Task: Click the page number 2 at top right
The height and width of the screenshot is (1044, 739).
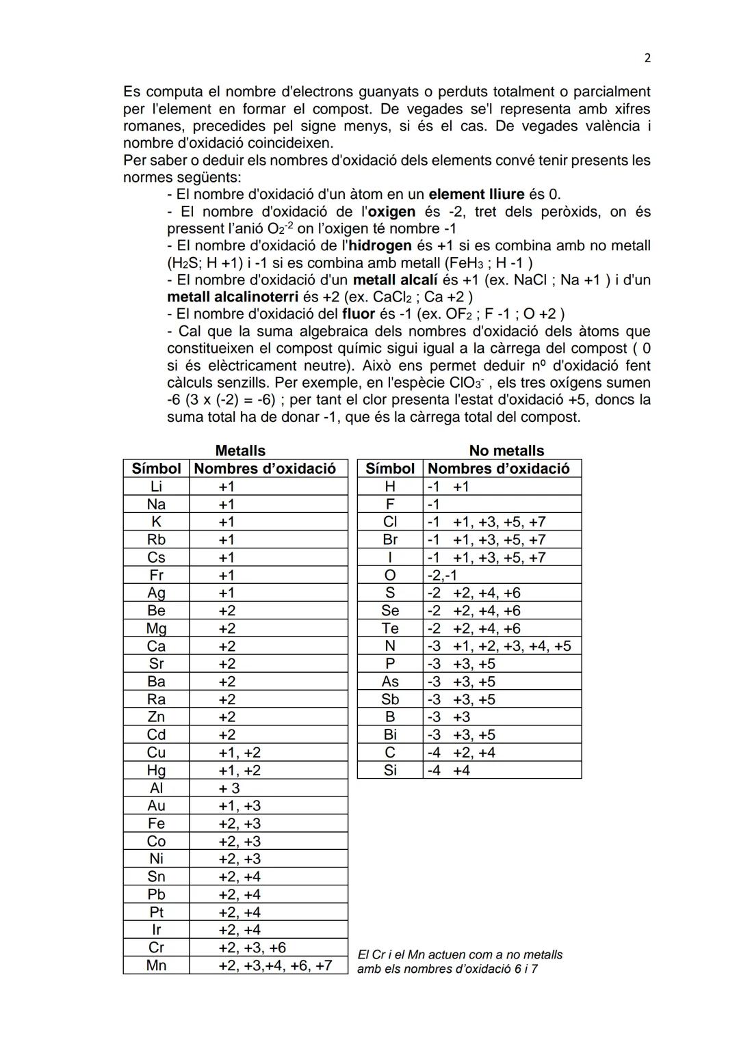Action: pos(647,59)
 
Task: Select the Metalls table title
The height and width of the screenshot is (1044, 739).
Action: pos(240,451)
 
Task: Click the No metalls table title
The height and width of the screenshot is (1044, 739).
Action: pos(506,451)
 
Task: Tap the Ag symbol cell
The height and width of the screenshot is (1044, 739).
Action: pos(156,593)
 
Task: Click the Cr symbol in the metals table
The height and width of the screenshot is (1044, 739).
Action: pos(156,948)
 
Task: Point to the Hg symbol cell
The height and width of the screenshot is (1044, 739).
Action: pos(156,770)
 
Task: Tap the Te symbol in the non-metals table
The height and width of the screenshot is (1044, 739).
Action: pos(390,628)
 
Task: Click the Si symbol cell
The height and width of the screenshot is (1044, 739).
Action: pos(390,770)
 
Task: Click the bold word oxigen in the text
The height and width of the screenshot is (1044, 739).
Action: pos(391,211)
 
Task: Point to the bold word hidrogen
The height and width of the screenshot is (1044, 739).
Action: pos(380,245)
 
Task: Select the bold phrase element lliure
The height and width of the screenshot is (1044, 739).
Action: pos(476,194)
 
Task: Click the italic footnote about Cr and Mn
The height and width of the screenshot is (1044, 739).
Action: pos(460,962)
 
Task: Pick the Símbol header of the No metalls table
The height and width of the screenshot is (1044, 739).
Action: pos(390,468)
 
